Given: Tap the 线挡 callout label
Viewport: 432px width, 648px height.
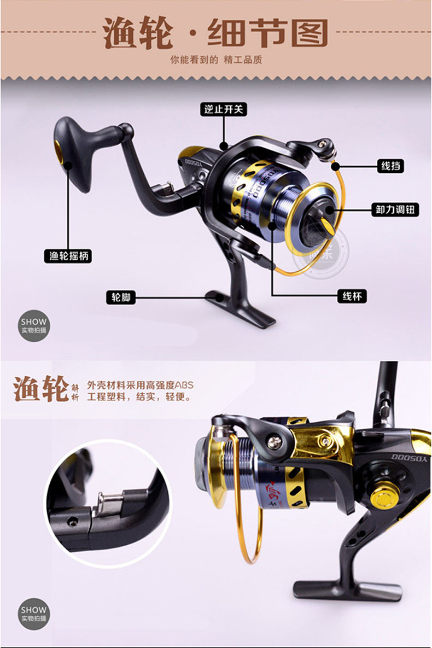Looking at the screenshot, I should [390, 165].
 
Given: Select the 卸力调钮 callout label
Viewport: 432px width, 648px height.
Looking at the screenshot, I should [393, 209].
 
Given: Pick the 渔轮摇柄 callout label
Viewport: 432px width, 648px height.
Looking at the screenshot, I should [67, 255].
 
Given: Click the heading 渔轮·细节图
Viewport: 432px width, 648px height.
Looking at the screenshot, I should [215, 34].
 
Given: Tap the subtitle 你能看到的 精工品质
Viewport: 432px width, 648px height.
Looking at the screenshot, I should [216, 60].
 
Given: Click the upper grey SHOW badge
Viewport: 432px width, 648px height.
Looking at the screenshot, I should [34, 326].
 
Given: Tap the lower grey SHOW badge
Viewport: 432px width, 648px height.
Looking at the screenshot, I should [34, 614].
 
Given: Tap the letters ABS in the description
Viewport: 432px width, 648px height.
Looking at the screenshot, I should [184, 385].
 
